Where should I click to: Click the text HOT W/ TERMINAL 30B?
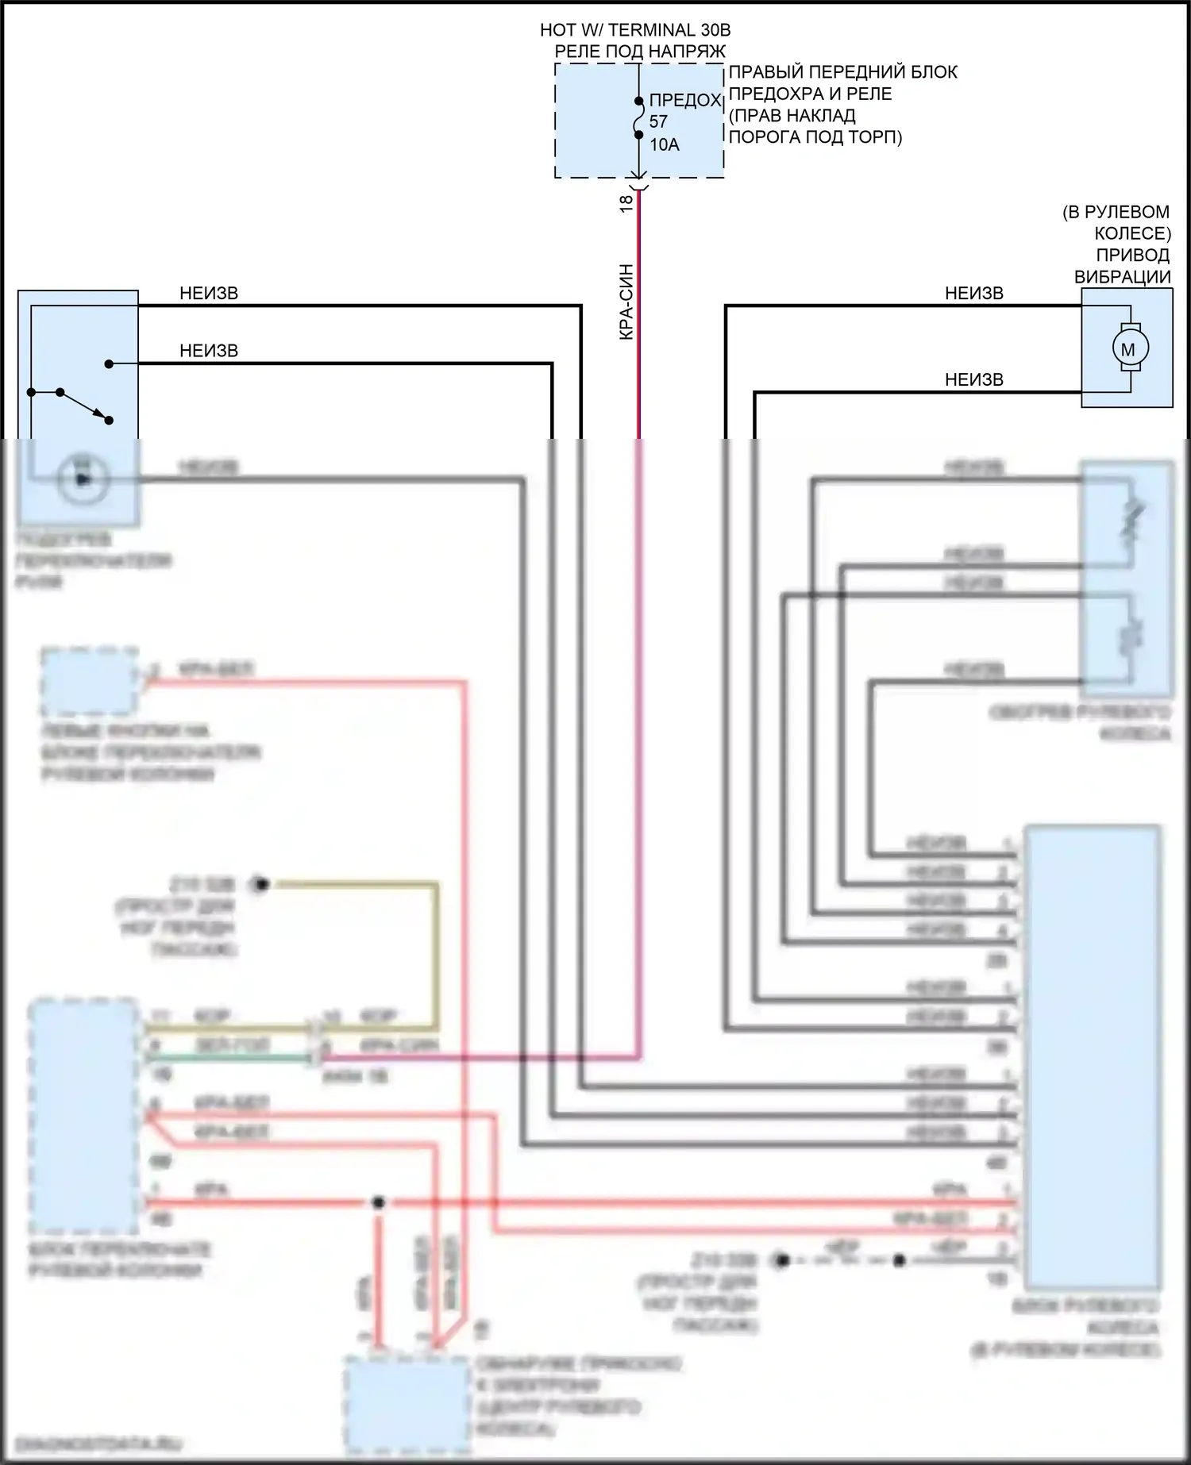click(635, 30)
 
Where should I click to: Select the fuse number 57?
click(658, 122)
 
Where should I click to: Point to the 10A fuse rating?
click(665, 144)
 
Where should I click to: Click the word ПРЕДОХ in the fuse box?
click(684, 101)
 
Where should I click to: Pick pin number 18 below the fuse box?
click(626, 202)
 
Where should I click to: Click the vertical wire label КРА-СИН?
click(626, 302)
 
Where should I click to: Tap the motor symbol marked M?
click(1127, 348)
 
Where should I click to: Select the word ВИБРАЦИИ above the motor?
click(1122, 277)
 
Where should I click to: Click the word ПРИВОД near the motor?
click(1132, 256)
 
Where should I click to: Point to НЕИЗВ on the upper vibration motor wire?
click(973, 294)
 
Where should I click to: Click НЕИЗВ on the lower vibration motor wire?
click(973, 380)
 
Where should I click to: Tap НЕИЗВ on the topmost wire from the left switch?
click(209, 294)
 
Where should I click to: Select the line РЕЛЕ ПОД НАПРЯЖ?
click(640, 52)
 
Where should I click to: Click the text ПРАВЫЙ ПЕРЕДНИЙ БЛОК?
click(842, 72)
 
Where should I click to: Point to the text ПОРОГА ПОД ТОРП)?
click(815, 137)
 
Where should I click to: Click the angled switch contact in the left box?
click(84, 406)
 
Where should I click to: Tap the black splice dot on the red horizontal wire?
click(379, 1202)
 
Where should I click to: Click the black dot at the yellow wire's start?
click(260, 883)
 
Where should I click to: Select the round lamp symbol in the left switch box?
click(83, 479)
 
